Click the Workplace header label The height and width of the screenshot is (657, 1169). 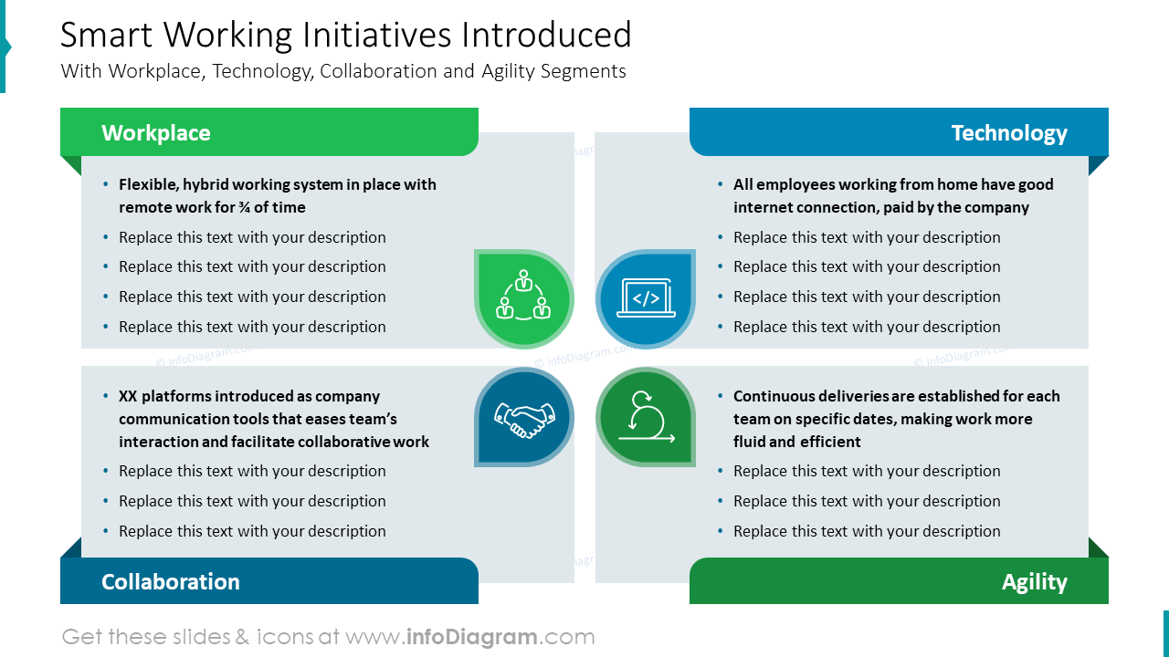(155, 133)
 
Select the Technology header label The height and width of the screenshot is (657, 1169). (1009, 133)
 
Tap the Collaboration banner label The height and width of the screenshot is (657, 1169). (170, 581)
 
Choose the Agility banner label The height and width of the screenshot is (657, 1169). (1035, 582)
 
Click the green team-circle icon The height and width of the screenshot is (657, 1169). (523, 295)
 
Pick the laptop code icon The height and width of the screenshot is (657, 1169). (646, 297)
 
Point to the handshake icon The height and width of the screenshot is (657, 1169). (524, 419)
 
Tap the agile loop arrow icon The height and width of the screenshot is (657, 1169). (647, 417)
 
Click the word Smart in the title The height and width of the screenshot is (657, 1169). (107, 35)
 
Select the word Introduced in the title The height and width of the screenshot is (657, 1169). (546, 35)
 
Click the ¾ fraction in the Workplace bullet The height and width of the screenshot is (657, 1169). (244, 207)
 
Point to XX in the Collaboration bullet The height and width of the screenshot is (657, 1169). (128, 396)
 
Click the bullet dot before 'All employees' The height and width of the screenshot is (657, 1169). (721, 184)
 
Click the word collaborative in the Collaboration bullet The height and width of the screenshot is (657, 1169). (343, 442)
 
